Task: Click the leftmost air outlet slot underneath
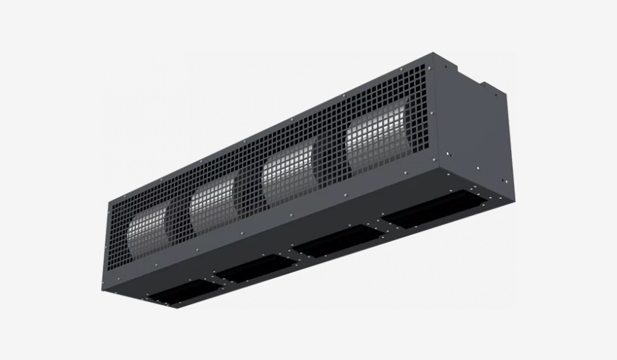pyautogui.click(x=179, y=289)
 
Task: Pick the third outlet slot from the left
pyautogui.click(x=333, y=243)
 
